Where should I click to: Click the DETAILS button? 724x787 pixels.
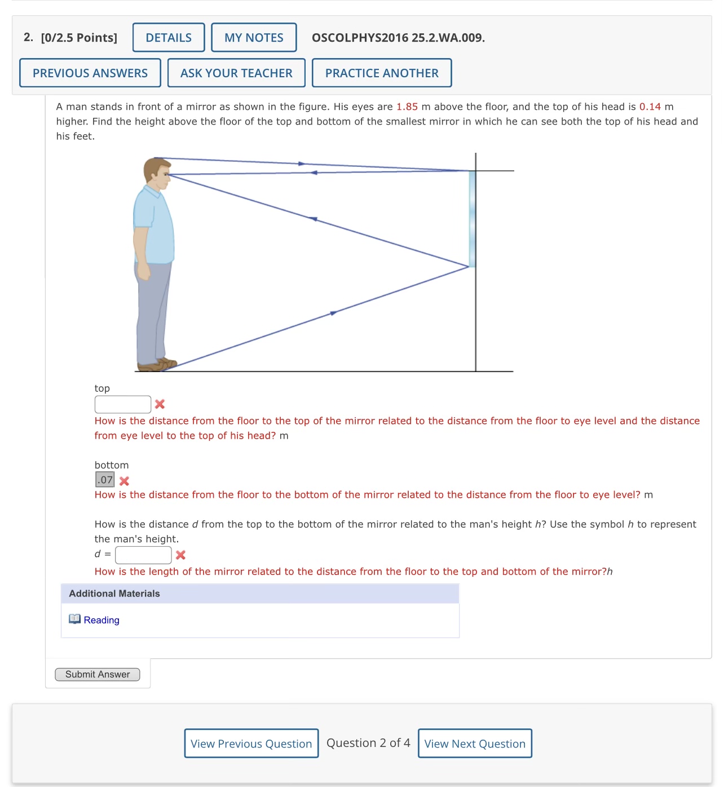(x=169, y=38)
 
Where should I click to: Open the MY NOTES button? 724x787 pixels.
(x=254, y=38)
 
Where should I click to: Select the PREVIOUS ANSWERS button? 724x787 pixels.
(x=90, y=73)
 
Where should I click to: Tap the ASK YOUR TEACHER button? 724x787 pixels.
(x=236, y=73)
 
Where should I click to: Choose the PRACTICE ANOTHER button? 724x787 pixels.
(x=382, y=73)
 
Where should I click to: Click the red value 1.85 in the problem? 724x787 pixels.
(x=407, y=107)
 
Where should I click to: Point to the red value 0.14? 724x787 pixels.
(x=650, y=107)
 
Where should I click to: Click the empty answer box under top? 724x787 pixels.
(x=123, y=404)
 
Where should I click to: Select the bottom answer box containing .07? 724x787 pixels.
(x=105, y=480)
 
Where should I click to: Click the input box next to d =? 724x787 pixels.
(x=143, y=555)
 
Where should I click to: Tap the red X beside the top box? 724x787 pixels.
(x=160, y=404)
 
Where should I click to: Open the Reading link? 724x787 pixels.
(x=101, y=620)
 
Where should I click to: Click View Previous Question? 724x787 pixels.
(x=251, y=744)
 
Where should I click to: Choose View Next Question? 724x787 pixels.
(x=475, y=744)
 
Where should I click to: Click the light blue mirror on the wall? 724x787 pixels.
(x=472, y=219)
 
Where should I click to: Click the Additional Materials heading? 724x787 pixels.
(x=114, y=594)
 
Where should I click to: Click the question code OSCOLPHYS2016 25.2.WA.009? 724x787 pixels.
(x=398, y=38)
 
